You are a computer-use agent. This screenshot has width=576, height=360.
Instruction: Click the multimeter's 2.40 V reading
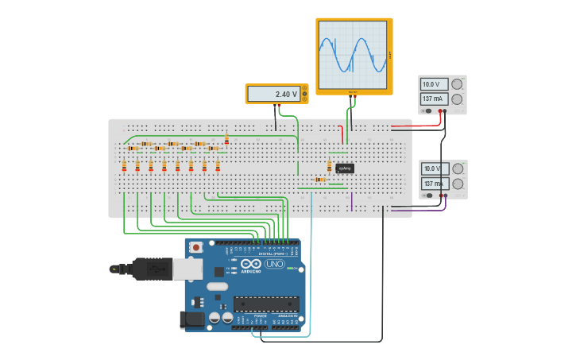[274, 94]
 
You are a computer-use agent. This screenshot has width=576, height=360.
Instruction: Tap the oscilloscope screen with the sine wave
[353, 55]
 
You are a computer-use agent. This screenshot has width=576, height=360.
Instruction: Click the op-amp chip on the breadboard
[345, 168]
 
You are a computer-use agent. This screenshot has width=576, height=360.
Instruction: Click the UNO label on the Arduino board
[274, 264]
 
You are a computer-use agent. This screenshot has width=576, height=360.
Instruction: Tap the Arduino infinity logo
[251, 264]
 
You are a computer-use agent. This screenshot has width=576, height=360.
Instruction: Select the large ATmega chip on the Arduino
[266, 304]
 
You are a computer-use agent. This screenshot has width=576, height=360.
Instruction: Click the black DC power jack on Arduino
[191, 319]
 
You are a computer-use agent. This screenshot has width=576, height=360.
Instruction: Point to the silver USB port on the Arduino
[187, 269]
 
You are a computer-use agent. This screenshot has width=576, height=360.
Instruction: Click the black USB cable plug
[151, 269]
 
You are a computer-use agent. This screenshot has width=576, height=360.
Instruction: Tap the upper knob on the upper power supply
[457, 84]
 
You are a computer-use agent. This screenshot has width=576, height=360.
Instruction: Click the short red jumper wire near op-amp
[342, 134]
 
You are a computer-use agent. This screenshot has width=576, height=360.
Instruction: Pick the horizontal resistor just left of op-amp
[319, 180]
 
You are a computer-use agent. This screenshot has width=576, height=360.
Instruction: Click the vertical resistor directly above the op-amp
[330, 166]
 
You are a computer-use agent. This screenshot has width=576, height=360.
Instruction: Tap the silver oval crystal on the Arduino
[217, 286]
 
